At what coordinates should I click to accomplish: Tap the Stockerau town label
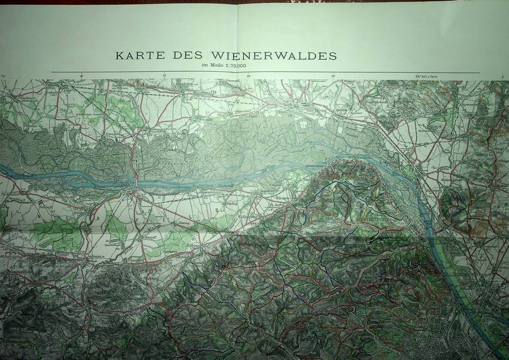pos(302,110)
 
